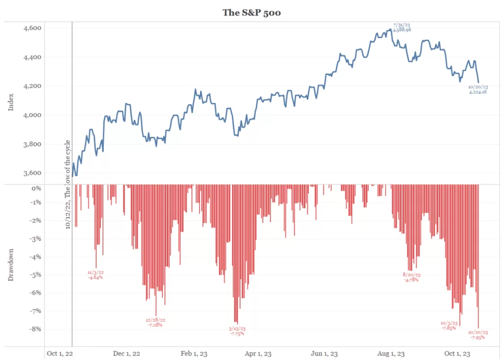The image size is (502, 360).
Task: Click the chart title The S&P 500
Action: coord(251,12)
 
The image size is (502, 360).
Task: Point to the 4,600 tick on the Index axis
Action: coord(33,28)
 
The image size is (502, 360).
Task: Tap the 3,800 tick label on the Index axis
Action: coord(33,144)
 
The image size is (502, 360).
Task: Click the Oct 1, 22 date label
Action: coord(59,353)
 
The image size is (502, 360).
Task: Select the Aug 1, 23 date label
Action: coord(391,353)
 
